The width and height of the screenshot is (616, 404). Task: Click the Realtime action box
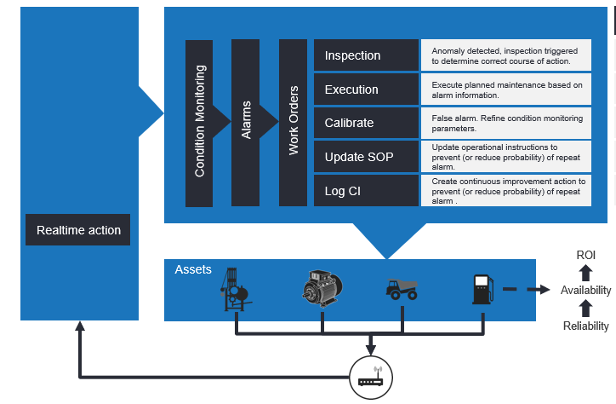78,230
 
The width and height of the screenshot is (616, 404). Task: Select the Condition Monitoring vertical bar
199,123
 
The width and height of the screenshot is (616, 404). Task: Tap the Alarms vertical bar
246,123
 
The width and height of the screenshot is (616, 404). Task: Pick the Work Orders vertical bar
293,123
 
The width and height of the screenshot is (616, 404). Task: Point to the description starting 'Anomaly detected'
506,56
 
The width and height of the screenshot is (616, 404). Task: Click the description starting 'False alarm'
506,124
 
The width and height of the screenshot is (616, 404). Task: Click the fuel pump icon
481,290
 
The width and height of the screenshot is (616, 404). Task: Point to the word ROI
585,255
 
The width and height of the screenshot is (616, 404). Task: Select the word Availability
585,291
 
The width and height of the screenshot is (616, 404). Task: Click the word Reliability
585,326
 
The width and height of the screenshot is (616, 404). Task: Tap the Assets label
192,269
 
